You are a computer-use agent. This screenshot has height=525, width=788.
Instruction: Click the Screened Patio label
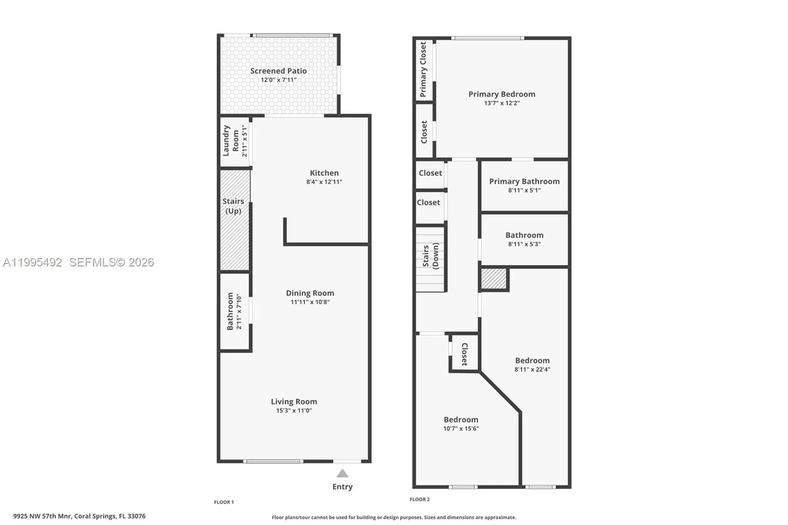[x=278, y=71]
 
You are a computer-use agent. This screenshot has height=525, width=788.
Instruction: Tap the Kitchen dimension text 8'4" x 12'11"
[x=324, y=182]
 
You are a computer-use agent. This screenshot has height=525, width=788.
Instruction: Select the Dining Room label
[x=310, y=293]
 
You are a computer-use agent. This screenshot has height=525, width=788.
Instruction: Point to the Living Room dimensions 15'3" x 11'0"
[x=294, y=410]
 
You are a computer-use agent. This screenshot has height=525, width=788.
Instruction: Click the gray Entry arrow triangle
[x=342, y=474]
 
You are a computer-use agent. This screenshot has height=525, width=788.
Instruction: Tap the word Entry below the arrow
[x=342, y=487]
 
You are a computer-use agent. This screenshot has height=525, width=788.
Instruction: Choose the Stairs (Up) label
[x=233, y=206]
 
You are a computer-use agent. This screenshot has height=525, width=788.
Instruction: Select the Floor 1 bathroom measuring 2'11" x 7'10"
[x=234, y=312]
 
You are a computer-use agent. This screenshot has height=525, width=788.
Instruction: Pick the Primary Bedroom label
[x=501, y=94]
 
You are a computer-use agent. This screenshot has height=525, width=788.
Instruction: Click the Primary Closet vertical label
[x=423, y=69]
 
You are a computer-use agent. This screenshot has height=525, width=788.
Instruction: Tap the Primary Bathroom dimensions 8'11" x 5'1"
[x=524, y=190]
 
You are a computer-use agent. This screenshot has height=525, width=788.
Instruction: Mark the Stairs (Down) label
[x=430, y=256]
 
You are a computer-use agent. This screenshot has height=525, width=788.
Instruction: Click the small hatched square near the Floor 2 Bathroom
[x=493, y=279]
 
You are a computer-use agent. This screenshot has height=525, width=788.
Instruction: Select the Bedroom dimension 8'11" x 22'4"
[x=532, y=369]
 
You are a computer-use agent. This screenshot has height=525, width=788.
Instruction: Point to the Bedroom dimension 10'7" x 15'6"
[x=461, y=428]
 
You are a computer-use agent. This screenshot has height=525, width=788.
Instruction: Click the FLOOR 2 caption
[x=420, y=499]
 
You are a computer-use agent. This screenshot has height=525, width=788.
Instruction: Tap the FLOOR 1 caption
[x=224, y=502]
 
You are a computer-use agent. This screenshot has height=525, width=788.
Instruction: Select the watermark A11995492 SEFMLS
[x=79, y=262]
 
